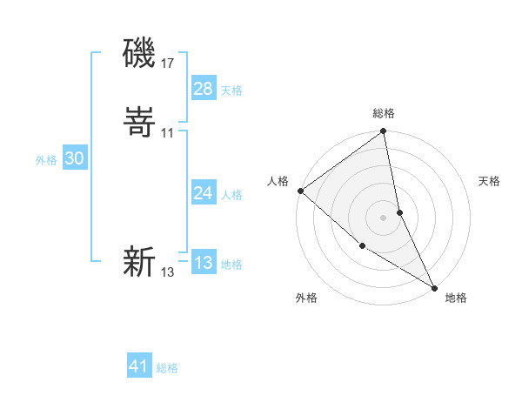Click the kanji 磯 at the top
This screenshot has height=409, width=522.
(139, 54)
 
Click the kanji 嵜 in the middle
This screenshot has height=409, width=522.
(139, 124)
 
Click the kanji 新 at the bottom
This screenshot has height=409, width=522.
(139, 262)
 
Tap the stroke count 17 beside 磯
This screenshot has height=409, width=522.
(167, 63)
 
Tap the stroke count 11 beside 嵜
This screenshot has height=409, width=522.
(167, 132)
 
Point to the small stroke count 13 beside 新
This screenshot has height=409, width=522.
(167, 272)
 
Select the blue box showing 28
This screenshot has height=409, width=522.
(204, 89)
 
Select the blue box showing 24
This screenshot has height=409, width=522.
(204, 193)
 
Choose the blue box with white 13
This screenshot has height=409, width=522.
(204, 263)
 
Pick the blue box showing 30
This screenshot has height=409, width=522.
(74, 158)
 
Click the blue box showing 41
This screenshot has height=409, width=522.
(139, 366)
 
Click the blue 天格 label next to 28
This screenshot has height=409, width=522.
(231, 91)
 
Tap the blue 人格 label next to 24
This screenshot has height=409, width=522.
(231, 195)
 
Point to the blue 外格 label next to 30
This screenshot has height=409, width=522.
(46, 160)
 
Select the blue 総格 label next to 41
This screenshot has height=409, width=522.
(167, 368)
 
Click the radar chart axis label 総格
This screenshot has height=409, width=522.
(384, 113)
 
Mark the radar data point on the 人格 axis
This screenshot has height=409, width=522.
(300, 191)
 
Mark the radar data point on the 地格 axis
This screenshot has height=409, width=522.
(433, 286)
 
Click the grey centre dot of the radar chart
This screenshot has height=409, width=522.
(384, 217)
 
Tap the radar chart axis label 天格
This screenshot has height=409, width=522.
(489, 181)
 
